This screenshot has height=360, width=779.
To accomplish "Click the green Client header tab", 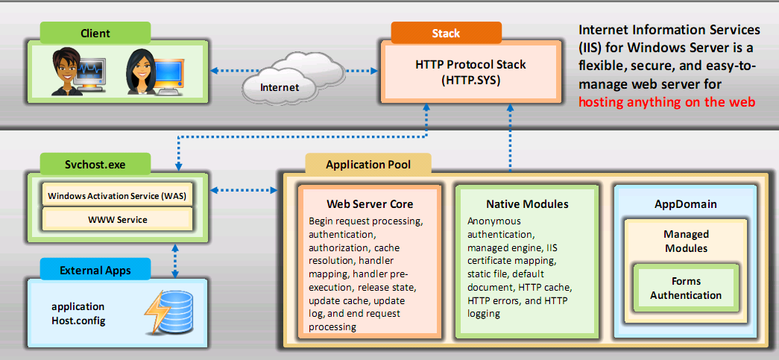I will pos(95,33).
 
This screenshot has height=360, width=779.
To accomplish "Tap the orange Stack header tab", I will pos(446,33).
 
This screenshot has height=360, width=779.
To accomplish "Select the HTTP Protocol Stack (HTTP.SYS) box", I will pos(470,72).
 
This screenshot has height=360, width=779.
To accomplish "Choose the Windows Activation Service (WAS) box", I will pos(117,196).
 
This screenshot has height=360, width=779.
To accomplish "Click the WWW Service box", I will pos(117,220).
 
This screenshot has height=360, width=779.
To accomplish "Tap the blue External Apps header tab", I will pos(95,269).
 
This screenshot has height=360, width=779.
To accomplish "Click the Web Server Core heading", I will pos(370,203).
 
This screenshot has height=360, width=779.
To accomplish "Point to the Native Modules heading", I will pos(527,203).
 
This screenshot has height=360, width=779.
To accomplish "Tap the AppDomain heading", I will pos(685,203).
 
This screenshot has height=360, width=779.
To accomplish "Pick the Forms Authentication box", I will pos(685,288).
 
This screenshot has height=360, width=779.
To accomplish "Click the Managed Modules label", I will pos(686,241).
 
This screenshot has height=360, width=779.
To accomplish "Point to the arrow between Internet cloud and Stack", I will pos(349,72).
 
